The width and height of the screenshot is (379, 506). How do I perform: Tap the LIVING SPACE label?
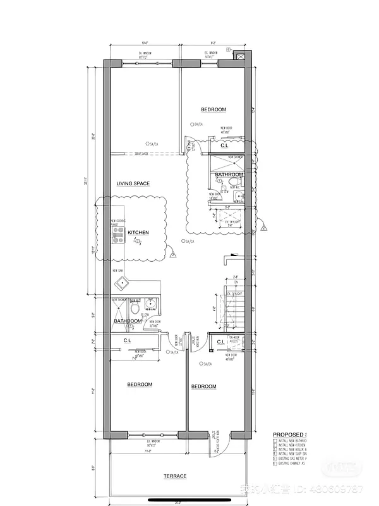(133, 183)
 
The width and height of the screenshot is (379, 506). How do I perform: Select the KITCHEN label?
(138, 233)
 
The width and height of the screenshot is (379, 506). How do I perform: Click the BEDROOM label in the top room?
(214, 109)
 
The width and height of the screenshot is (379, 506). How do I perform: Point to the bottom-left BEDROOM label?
(140, 385)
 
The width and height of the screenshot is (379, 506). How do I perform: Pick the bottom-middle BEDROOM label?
(203, 386)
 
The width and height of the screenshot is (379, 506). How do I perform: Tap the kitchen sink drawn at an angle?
(121, 280)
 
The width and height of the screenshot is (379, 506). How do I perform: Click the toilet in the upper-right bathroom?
(234, 183)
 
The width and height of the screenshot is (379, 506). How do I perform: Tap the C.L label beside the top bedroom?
(224, 145)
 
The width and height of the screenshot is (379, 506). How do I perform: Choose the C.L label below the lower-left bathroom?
(128, 341)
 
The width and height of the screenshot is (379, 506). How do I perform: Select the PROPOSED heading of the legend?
(288, 435)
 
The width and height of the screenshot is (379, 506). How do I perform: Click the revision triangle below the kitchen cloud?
(172, 255)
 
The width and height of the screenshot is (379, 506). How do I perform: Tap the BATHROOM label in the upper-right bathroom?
(228, 175)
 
